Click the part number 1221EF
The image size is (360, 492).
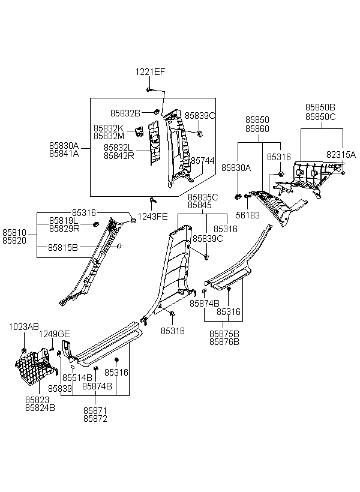(150, 72)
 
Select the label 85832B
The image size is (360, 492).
(125, 113)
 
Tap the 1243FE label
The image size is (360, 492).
(152, 217)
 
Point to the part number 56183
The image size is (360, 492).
(248, 215)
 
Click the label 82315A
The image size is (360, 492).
(341, 154)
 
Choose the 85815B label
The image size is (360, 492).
(63, 247)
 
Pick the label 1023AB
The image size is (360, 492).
(24, 327)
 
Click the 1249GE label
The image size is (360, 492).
(54, 334)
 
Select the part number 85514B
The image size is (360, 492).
(77, 377)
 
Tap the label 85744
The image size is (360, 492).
(203, 161)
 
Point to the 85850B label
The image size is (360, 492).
(320, 107)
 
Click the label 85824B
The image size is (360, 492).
(40, 408)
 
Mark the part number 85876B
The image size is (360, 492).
(224, 342)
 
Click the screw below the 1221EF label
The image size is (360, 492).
(149, 90)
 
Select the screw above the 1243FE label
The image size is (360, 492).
(153, 200)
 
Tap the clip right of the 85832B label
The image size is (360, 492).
(156, 112)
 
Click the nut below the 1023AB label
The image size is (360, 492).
(23, 350)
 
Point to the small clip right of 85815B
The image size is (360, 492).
(119, 245)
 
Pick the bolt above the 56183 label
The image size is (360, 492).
(247, 196)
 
